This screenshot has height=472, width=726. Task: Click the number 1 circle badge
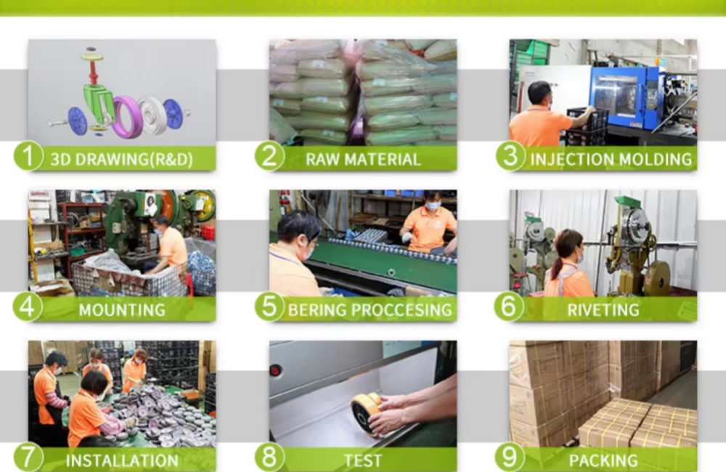pyautogui.click(x=28, y=155)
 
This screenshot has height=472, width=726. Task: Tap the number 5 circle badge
pyautogui.click(x=269, y=306)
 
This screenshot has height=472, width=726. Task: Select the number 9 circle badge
pyautogui.click(x=510, y=457)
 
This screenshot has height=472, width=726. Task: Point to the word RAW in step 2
pyautogui.click(x=322, y=159)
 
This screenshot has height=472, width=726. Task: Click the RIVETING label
pyautogui.click(x=603, y=310)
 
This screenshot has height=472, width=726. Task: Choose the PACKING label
pyautogui.click(x=603, y=460)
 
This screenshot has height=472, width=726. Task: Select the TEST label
pyautogui.click(x=363, y=460)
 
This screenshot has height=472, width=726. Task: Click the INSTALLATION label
pyautogui.click(x=122, y=460)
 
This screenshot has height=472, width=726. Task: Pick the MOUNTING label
pyautogui.click(x=122, y=310)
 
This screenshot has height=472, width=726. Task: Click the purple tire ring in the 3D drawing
pyautogui.click(x=127, y=118)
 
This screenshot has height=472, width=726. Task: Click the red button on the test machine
pyautogui.click(x=276, y=370)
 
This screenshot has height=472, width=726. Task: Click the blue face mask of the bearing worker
pyautogui.click(x=433, y=206)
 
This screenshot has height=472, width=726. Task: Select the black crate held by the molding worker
pyautogui.click(x=587, y=126)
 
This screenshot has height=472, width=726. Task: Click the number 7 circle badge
pyautogui.click(x=28, y=457)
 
